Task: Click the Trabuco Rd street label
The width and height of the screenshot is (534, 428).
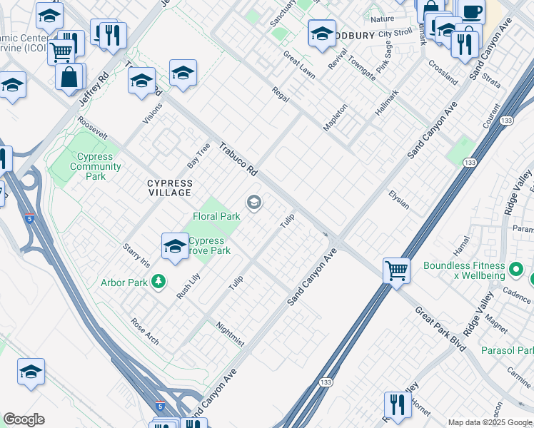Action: coord(238,158)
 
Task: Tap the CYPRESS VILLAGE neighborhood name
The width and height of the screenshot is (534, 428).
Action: coord(169,188)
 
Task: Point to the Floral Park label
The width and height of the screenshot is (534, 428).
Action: coord(216,216)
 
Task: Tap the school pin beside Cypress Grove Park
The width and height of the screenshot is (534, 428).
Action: coord(175,247)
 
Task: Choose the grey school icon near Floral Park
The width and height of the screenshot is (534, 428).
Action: coord(253,204)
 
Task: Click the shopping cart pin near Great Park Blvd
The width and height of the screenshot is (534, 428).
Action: coord(396,271)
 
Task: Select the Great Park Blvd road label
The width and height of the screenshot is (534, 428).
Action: coord(440,329)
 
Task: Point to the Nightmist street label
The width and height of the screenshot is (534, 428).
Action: coord(230,335)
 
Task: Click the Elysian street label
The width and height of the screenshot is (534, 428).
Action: coord(398,199)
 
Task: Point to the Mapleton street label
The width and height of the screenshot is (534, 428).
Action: coord(335,117)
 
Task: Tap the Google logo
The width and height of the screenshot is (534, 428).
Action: coord(24,419)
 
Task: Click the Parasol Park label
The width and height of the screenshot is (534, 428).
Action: coord(506,350)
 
